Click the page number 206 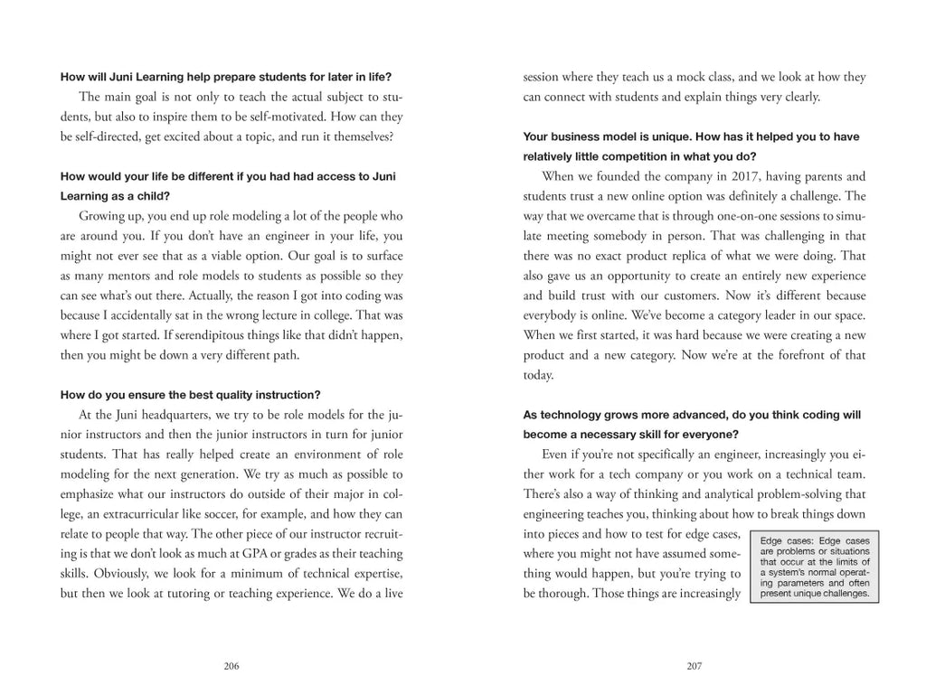click(x=231, y=666)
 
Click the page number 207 click(x=694, y=666)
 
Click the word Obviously click(x=98, y=573)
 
